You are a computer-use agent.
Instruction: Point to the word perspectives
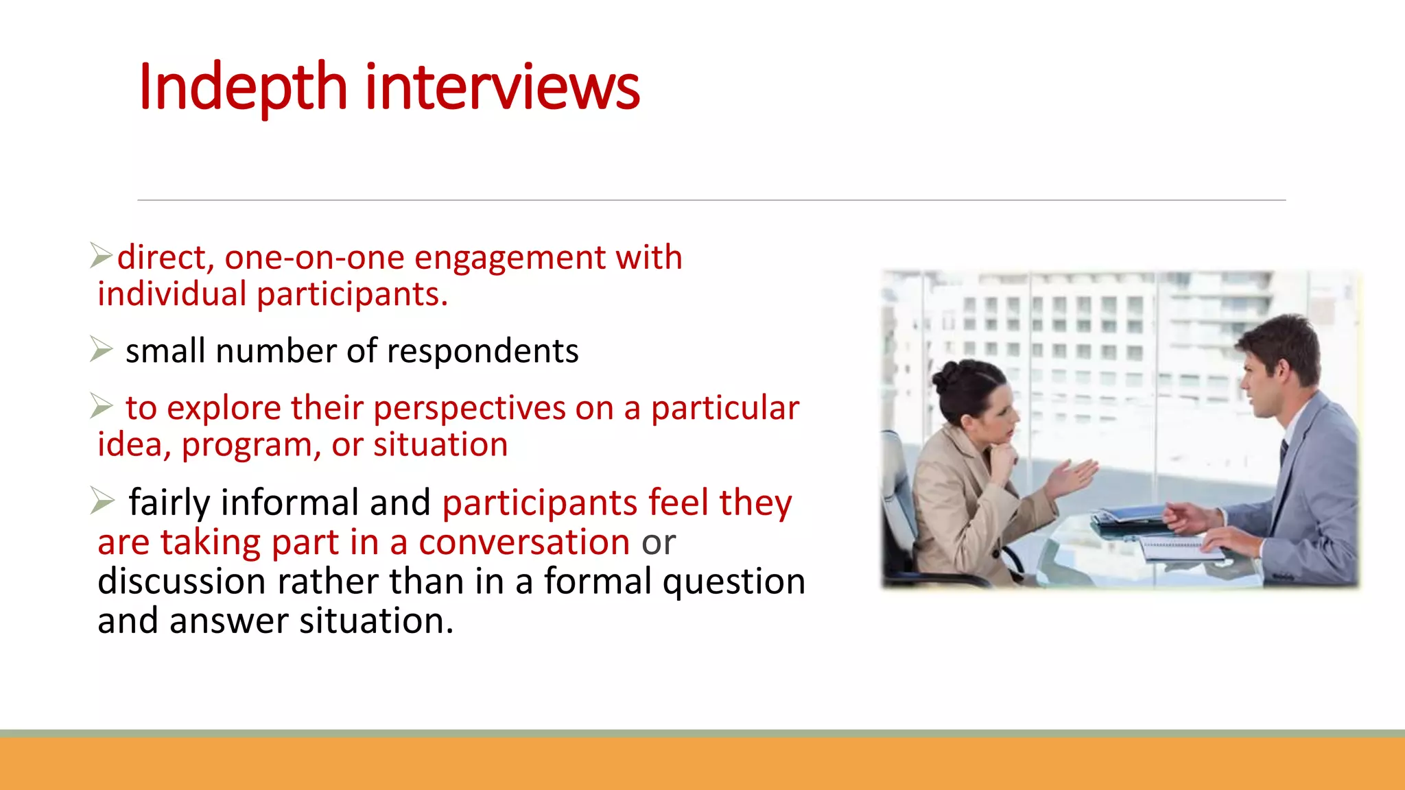469,408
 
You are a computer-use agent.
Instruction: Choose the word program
251,446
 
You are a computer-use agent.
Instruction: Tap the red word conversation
524,542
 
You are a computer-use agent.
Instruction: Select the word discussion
181,582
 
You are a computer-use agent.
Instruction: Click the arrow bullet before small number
102,349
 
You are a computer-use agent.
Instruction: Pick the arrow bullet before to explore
102,406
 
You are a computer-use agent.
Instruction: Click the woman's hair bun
949,374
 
